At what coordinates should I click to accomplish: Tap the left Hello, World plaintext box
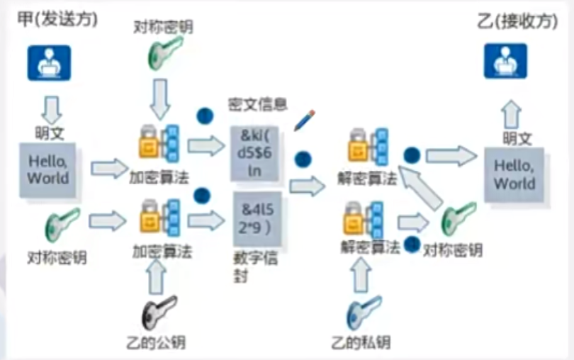48,169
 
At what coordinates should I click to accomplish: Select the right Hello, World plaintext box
514,174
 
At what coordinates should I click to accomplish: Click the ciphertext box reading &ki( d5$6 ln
254,152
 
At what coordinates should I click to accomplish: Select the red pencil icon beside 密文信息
305,120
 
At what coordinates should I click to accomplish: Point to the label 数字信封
255,266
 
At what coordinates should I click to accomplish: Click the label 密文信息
257,105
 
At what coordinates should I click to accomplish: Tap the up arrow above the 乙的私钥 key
362,276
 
